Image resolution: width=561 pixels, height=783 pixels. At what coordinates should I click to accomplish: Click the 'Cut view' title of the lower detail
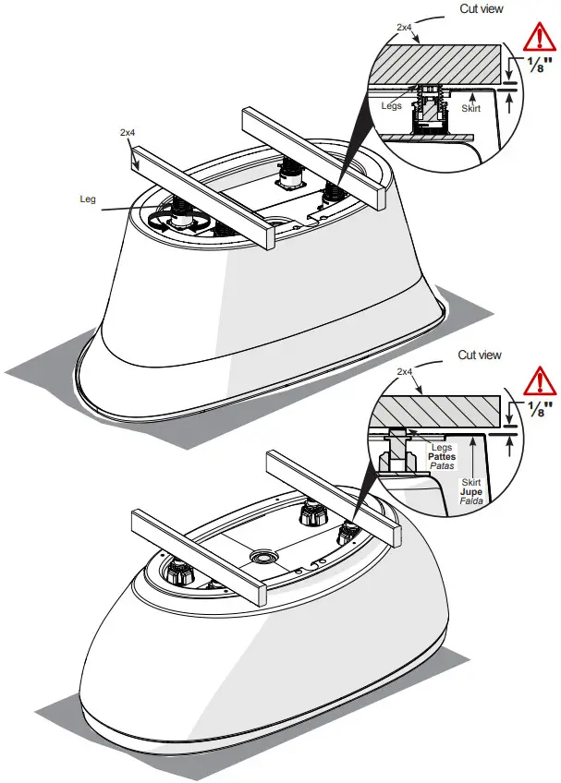480,355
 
